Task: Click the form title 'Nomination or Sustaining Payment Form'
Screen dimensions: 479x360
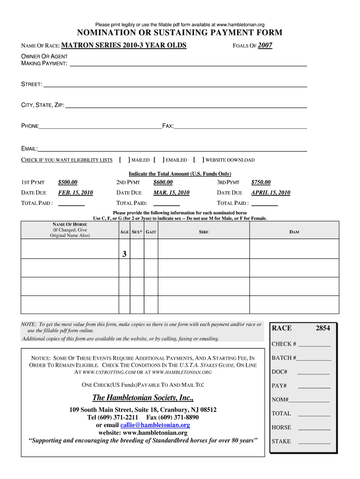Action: (x=180, y=33)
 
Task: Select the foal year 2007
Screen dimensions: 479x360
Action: (x=265, y=45)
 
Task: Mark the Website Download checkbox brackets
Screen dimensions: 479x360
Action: (x=199, y=160)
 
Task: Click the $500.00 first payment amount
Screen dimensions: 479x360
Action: (x=68, y=182)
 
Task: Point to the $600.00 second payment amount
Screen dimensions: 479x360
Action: (x=163, y=182)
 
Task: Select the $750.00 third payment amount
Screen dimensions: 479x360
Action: (x=261, y=182)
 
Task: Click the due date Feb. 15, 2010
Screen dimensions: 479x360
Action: (x=75, y=193)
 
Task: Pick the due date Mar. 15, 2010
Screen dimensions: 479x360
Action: (x=171, y=193)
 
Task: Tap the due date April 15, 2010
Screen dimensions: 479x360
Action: (x=271, y=193)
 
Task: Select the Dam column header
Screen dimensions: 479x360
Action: (x=294, y=232)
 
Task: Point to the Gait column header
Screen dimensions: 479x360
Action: (x=151, y=232)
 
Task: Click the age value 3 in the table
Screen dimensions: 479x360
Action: (x=124, y=254)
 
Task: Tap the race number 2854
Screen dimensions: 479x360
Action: (x=323, y=328)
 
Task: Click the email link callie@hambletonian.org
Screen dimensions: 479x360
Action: (x=155, y=425)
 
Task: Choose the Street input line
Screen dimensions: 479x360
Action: (x=175, y=85)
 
